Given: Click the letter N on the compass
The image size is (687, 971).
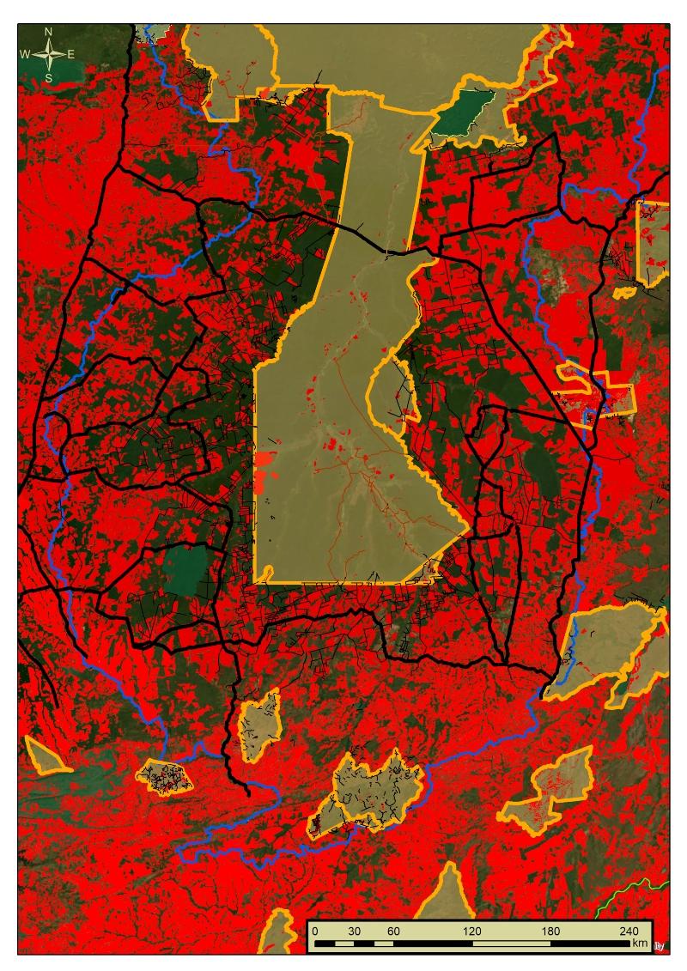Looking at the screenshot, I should pos(49,32).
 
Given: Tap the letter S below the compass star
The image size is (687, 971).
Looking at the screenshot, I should pos(49,77).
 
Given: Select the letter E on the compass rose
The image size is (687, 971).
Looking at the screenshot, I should pos(70,54).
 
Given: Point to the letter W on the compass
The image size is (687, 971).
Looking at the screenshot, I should pos(25,54).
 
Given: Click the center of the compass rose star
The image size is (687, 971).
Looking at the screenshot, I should pos(49,54).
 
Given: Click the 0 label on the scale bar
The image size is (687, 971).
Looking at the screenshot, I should pos(315,932).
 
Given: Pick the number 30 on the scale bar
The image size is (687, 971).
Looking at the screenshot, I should pos(354,932).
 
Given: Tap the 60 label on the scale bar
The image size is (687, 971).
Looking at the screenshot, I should pos(393,932).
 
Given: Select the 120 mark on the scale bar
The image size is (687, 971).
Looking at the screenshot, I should pos(471,932).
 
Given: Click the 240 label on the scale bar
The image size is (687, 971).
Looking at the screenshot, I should pos(628,932).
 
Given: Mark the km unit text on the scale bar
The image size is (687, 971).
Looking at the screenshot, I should pos(639,944).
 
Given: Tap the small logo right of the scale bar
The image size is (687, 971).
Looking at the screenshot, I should pos(660,946).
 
